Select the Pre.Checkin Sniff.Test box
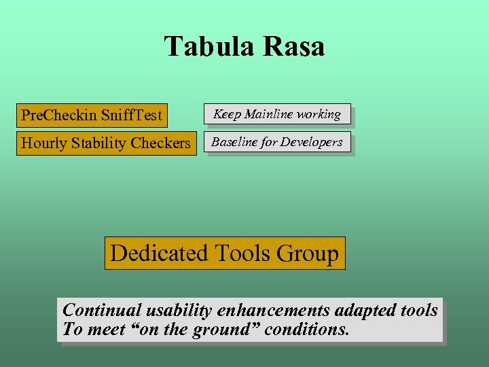pyautogui.click(x=92, y=115)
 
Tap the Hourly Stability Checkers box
pyautogui.click(x=106, y=143)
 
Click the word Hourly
pyautogui.click(x=44, y=143)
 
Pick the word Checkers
pyautogui.click(x=162, y=143)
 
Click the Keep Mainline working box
pyautogui.click(x=277, y=114)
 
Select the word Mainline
pyautogui.click(x=274, y=114)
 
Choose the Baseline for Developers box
pyautogui.click(x=277, y=143)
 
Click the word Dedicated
pyautogui.click(x=158, y=254)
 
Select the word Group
pyautogui.click(x=308, y=254)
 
